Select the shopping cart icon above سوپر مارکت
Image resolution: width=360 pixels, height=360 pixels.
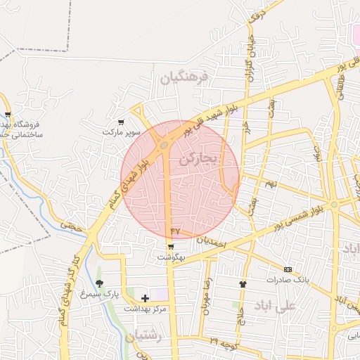[121, 122]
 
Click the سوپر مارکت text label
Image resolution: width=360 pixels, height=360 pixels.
[122, 132]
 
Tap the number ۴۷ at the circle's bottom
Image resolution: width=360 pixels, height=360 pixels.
[176, 230]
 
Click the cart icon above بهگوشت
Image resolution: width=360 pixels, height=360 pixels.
[171, 247]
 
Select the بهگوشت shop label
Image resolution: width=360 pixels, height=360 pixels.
[171, 257]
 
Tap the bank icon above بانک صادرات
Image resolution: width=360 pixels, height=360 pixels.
[287, 269]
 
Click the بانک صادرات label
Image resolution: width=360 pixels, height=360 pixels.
[287, 280]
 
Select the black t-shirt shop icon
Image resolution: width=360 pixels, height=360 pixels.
[243, 284]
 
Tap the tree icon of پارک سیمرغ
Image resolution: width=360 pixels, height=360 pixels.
[99, 283]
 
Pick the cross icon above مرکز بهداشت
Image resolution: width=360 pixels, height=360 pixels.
[146, 299]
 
